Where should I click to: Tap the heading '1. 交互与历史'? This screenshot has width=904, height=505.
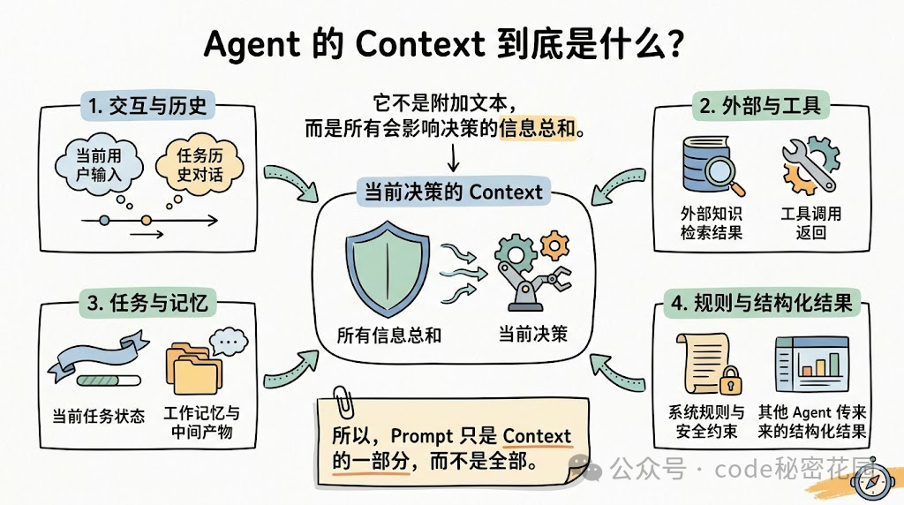coord(147,106)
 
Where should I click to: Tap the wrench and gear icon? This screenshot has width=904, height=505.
coord(808,165)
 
